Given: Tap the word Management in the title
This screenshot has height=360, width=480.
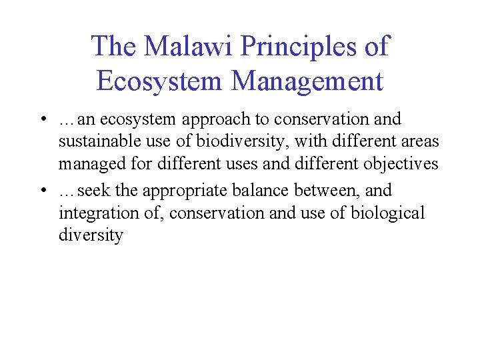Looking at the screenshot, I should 307,81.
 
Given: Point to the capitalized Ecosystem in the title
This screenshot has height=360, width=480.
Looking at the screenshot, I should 159,81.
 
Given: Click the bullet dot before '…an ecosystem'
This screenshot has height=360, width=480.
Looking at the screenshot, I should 42,120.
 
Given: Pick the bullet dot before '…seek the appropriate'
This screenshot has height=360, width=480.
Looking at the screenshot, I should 42,191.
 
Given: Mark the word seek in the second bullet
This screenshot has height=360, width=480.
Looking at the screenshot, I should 93,191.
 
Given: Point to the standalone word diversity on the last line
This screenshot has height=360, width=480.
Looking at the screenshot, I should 91,235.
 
